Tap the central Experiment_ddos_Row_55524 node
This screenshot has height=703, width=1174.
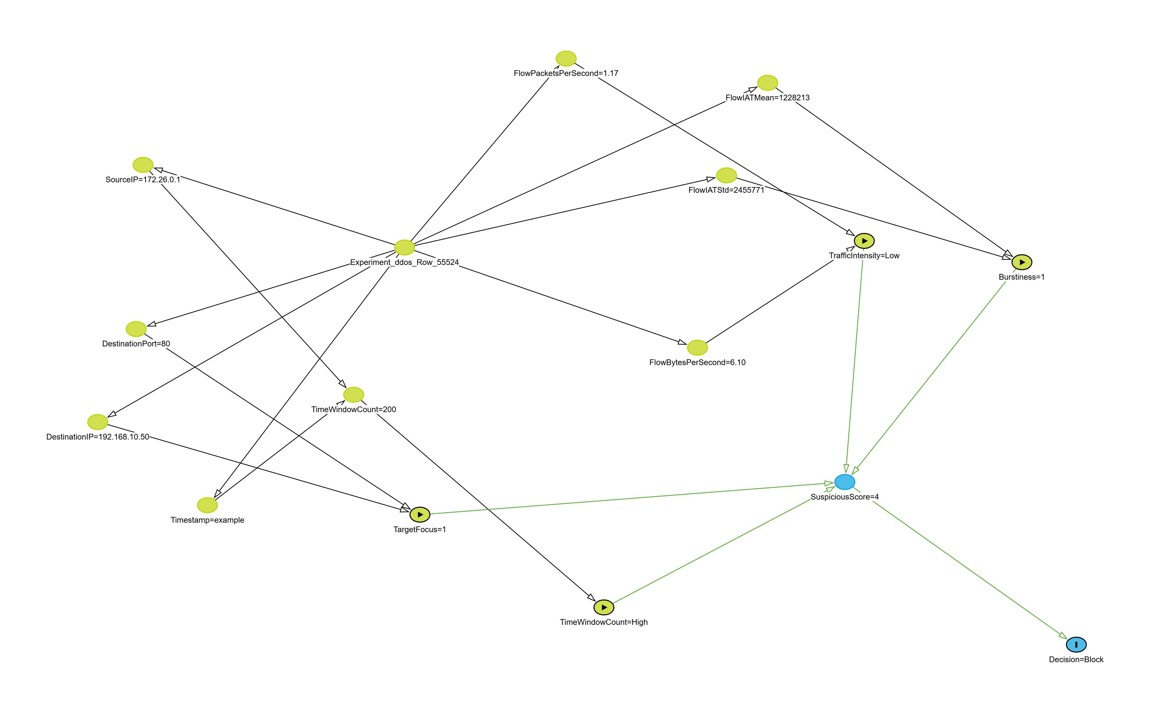(404, 247)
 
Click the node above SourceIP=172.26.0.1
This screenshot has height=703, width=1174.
(142, 165)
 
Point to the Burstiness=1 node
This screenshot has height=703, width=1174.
(1022, 262)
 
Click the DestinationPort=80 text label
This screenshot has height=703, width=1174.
(136, 343)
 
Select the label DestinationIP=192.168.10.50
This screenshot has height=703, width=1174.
(98, 437)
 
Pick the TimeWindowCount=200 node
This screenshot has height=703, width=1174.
(353, 395)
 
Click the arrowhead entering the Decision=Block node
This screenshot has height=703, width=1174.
(1063, 635)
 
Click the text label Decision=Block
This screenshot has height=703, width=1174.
(1076, 659)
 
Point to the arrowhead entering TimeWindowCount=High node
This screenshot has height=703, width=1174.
(591, 597)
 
